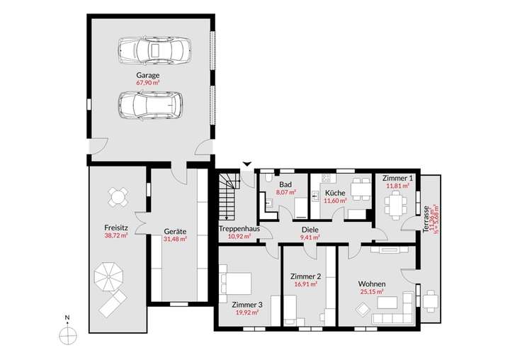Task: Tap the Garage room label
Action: point(148,74)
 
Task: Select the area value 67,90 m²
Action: point(148,82)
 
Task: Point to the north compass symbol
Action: point(67,333)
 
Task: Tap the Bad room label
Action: point(285,184)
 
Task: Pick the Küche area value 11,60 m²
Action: point(335,201)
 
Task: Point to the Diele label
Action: point(310,230)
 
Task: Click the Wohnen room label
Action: point(371,283)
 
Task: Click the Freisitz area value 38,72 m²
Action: point(115,235)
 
